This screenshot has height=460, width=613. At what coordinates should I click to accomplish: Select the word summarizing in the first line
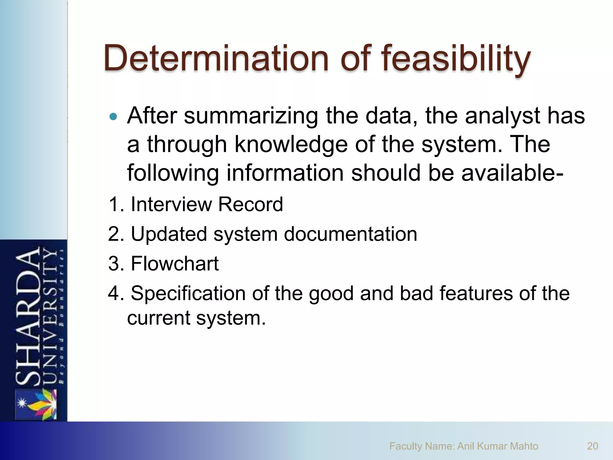[x=251, y=116]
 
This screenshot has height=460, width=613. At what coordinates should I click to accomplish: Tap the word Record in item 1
[x=250, y=205]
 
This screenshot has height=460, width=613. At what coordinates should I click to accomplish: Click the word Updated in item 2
[x=169, y=234]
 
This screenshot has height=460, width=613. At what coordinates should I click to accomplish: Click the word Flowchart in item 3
[x=175, y=264]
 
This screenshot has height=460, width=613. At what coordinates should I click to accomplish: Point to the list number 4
[x=114, y=293]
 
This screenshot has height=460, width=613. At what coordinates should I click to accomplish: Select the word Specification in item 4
[x=188, y=294]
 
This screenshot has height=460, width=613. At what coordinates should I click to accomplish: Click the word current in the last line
[x=159, y=318]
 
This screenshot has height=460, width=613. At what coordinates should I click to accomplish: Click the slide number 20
[x=592, y=446]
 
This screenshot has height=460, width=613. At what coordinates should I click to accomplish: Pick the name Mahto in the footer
[x=524, y=446]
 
